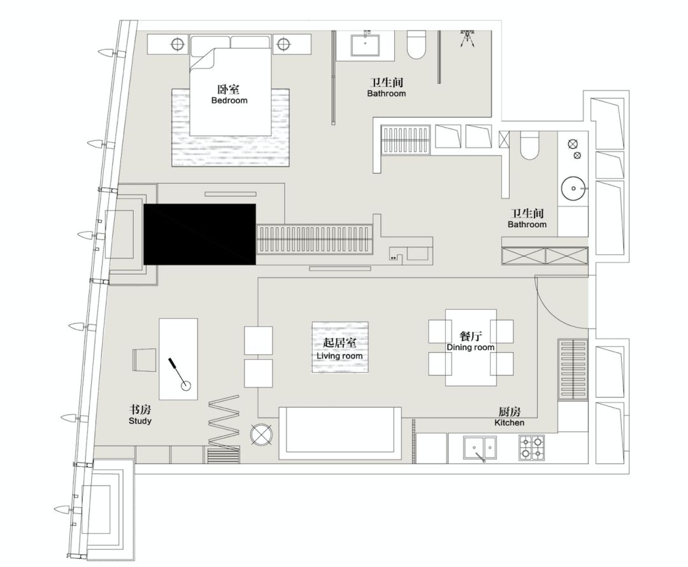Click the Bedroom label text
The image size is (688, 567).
coord(229,101)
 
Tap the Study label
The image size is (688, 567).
coord(140,421)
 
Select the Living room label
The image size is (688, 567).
coord(340,356)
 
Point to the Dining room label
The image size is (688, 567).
coord(470,347)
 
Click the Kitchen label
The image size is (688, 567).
coord(509,423)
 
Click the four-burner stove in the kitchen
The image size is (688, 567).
coord(531,447)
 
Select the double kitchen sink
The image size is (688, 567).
coord(480,448)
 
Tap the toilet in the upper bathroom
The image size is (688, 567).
coord(417,44)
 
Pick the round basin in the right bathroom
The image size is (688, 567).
coord(573,188)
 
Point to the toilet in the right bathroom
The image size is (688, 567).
coord(529,146)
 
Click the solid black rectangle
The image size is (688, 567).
coord(199,234)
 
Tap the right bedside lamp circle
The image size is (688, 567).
coord(283,45)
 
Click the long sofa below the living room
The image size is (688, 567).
coord(340,433)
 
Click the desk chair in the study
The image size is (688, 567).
coord(144,360)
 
